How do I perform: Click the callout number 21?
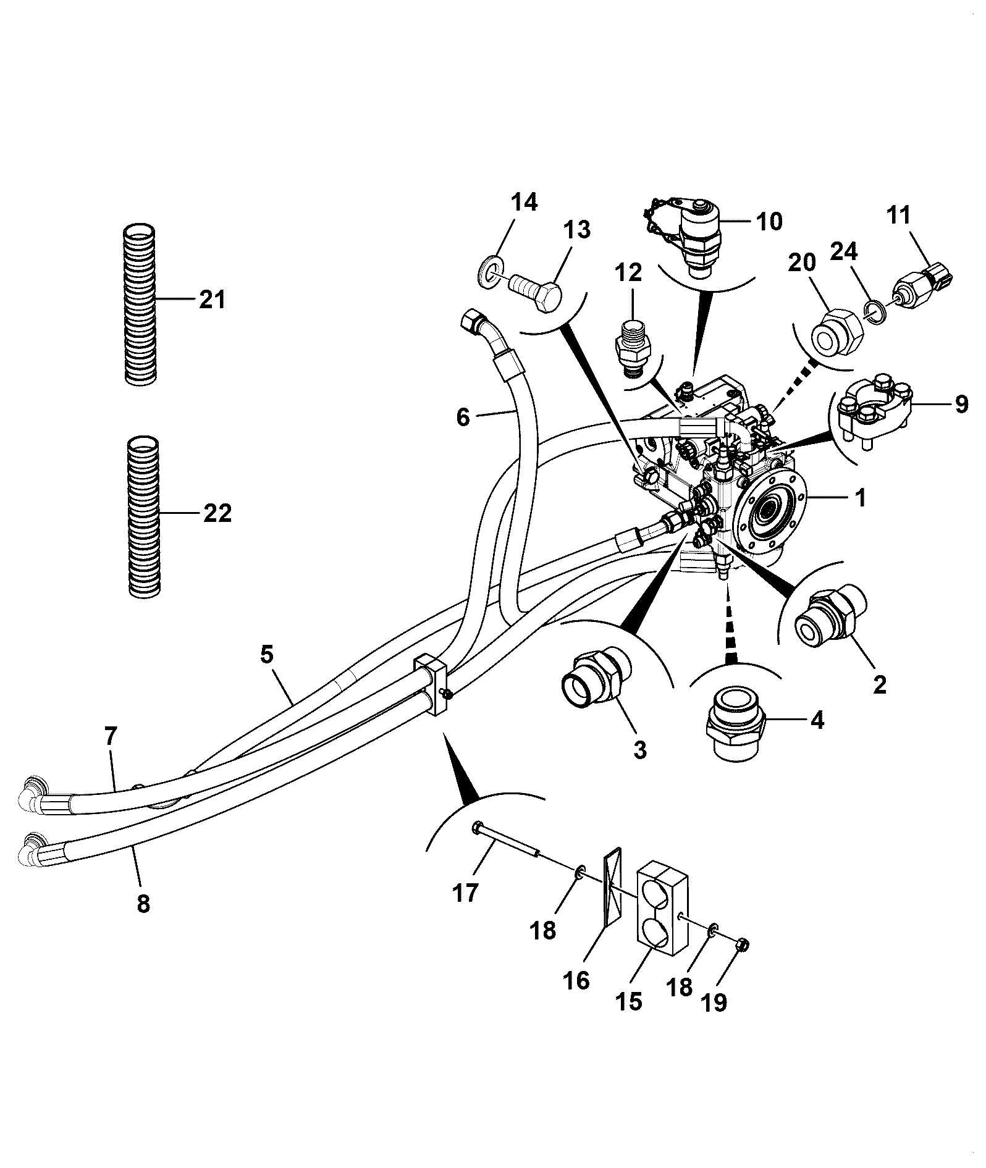[212, 300]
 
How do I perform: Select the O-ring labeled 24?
[875, 311]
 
